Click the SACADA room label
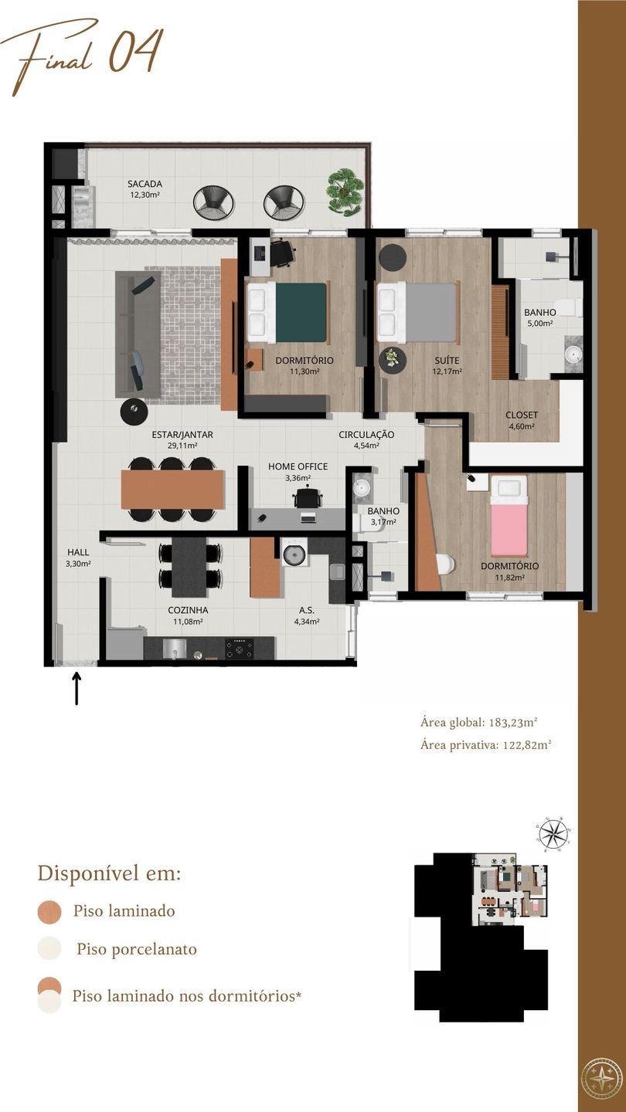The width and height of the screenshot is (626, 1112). [x=145, y=184]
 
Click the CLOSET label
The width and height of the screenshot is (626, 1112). [x=522, y=415]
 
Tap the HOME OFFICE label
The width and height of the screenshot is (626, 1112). [x=298, y=466]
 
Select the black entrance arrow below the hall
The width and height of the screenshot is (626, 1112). [x=77, y=688]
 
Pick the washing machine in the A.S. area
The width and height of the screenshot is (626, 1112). [x=294, y=553]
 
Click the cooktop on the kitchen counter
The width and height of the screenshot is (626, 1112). [x=240, y=649]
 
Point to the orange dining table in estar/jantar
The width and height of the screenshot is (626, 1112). [x=172, y=489]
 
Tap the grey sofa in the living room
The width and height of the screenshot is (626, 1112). [x=138, y=334]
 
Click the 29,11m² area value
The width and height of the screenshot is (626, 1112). [x=183, y=446]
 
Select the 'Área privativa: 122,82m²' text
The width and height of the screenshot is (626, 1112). [x=486, y=744]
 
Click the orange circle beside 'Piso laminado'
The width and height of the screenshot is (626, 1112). [x=49, y=912]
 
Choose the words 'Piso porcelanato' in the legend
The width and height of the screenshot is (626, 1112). [x=137, y=949]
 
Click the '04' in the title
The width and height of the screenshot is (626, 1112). [x=135, y=51]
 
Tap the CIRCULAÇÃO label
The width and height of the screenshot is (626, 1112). [x=366, y=434]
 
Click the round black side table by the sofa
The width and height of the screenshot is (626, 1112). [x=134, y=412]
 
